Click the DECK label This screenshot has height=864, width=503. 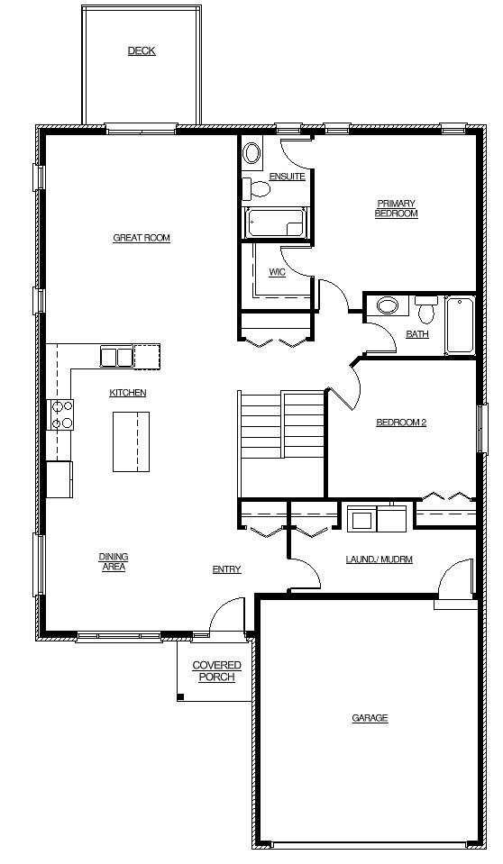(142, 51)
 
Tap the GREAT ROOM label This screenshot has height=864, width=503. (142, 238)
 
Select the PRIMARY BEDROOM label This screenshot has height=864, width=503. (397, 208)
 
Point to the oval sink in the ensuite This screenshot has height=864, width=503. (252, 152)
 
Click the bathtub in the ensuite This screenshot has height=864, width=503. (275, 223)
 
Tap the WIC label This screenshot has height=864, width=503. (277, 273)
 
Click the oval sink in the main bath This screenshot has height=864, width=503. (388, 305)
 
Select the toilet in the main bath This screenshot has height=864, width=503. (425, 310)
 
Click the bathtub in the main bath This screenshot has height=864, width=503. (460, 325)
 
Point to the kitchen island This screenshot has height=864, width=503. (132, 441)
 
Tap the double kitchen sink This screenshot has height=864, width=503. (116, 356)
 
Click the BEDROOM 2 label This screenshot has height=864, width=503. (401, 423)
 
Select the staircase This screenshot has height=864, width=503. (281, 443)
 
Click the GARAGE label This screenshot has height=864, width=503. (370, 718)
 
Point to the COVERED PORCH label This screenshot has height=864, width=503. (216, 671)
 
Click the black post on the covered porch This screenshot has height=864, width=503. (180, 697)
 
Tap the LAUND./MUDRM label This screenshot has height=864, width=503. (379, 559)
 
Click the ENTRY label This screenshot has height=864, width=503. (226, 569)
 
